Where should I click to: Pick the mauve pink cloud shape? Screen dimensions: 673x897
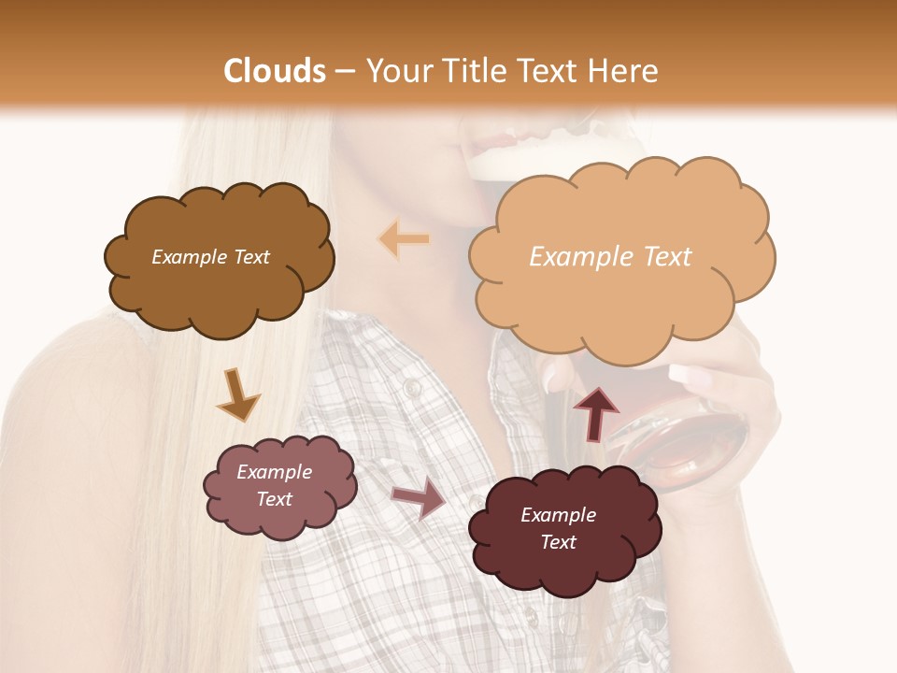(x=279, y=486)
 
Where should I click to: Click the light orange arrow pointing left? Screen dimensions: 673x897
(x=405, y=240)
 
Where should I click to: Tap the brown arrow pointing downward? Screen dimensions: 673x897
(x=237, y=394)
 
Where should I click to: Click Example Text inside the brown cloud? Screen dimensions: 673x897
(x=210, y=257)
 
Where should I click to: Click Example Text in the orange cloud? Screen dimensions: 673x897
(x=610, y=257)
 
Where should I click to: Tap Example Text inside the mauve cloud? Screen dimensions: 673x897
(x=275, y=485)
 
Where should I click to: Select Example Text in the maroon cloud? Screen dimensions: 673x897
(x=558, y=528)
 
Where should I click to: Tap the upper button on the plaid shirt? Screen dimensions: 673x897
(x=412, y=387)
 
